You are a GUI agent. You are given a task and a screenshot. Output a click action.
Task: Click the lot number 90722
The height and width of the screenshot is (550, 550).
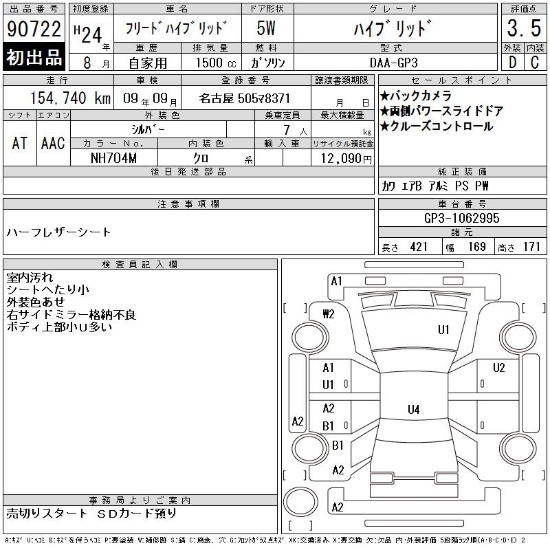(34, 28)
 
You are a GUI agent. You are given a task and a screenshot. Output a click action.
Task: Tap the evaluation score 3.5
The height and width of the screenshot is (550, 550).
(524, 28)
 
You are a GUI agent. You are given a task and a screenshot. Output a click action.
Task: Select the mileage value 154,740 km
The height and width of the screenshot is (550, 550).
(70, 98)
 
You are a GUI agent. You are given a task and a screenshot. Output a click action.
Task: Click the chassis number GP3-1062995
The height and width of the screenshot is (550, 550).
(461, 218)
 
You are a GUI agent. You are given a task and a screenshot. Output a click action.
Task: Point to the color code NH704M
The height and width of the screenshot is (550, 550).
(113, 158)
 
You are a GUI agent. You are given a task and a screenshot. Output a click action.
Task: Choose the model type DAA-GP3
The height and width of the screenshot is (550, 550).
(393, 63)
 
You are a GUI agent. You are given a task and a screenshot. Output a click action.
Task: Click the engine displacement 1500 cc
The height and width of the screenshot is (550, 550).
(216, 63)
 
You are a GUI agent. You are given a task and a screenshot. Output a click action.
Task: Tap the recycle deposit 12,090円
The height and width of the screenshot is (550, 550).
(346, 159)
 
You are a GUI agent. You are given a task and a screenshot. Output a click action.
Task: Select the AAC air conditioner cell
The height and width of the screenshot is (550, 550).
(53, 143)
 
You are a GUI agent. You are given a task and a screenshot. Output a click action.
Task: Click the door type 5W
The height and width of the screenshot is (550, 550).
(266, 28)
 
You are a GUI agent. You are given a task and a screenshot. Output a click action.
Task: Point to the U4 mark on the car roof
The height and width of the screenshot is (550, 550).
(414, 409)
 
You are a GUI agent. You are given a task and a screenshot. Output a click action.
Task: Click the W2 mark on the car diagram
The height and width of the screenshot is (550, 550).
(329, 314)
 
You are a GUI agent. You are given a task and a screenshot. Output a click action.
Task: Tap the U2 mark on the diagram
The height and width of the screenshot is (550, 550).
(499, 368)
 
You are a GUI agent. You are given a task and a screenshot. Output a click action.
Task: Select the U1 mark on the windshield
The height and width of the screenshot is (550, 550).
(443, 330)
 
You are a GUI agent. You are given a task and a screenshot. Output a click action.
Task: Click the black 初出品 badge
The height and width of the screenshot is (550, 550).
(34, 57)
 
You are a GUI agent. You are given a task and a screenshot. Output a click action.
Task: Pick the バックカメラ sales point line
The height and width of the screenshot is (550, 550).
(416, 96)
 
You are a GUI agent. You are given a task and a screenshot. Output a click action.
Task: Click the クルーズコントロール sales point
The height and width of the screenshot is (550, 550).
(437, 126)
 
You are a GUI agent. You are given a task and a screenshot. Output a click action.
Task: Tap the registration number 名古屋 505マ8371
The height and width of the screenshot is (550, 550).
(245, 98)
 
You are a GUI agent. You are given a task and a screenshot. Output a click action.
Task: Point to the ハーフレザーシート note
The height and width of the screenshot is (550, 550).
(58, 232)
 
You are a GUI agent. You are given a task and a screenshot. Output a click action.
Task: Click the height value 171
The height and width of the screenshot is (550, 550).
(531, 247)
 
